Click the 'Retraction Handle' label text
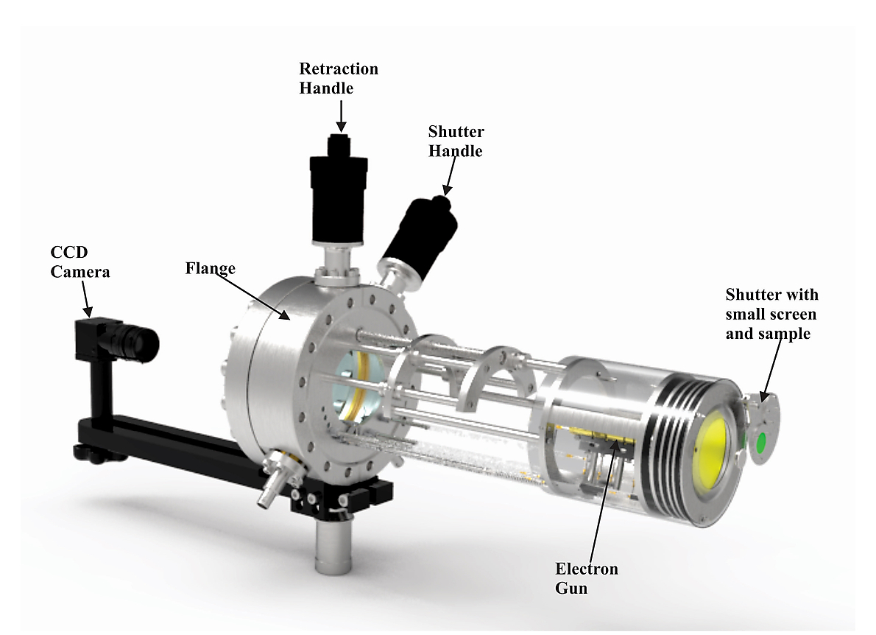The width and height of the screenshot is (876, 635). pyautogui.click(x=339, y=78)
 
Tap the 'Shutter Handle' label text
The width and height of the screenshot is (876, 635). pyautogui.click(x=456, y=141)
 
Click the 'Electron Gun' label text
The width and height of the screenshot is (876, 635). pyautogui.click(x=586, y=578)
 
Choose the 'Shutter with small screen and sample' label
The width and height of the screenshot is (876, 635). pyautogui.click(x=771, y=314)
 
